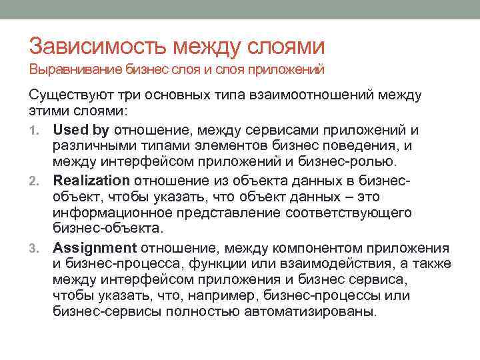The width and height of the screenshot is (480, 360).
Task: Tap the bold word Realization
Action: [91, 180]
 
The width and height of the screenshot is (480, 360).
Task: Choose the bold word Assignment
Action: [95, 247]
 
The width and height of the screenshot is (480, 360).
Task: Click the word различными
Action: [93, 145]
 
